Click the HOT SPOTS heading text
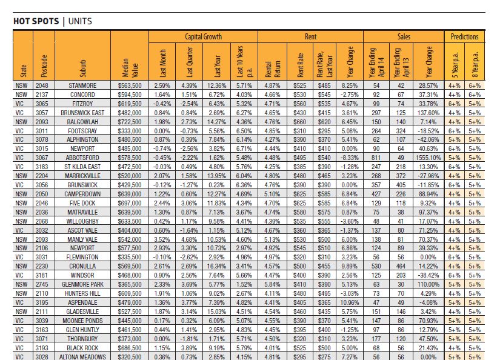[36, 22]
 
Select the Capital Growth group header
[203, 37]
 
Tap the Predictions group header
[464, 37]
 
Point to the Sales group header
[404, 37]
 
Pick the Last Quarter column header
[189, 61]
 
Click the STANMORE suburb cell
[83, 85]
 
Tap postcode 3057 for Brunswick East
[42, 113]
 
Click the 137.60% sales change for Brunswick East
[429, 113]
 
